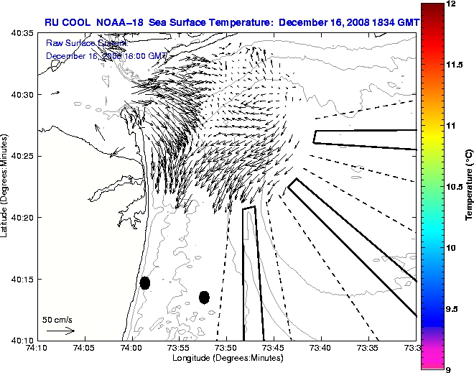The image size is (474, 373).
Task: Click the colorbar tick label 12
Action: [452, 4]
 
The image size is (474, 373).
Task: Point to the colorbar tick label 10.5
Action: [455, 186]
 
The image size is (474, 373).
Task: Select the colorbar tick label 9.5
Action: [454, 308]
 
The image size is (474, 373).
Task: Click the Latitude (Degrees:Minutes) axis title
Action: [6, 186]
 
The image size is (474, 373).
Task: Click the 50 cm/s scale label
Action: [57, 319]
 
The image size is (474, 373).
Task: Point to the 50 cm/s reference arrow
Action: [60, 331]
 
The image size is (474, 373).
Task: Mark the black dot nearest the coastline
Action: [144, 282]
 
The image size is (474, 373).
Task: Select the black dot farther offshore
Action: [204, 297]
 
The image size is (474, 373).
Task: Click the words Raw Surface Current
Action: [78, 43]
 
